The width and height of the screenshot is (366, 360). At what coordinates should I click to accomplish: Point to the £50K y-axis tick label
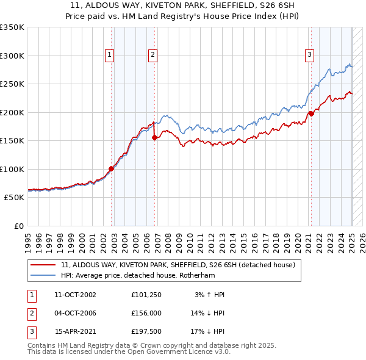point(13,198)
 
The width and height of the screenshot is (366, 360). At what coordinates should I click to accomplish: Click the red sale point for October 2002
point(112,168)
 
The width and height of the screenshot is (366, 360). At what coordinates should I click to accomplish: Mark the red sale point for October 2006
point(155,137)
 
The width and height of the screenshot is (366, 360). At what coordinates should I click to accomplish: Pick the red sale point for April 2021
point(311,113)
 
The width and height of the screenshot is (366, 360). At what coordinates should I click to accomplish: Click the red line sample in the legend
point(43,265)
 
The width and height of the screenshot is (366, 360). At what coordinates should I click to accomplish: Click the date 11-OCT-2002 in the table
point(75,295)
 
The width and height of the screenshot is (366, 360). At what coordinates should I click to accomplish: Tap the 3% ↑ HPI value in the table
point(209,295)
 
